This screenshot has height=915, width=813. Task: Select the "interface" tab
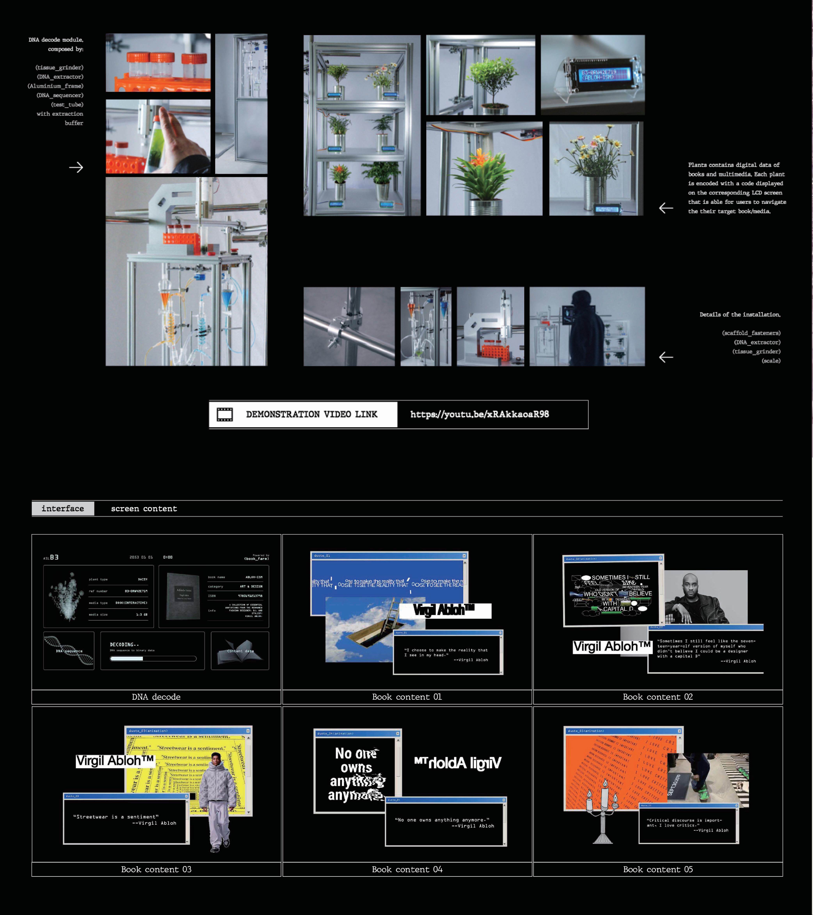[x=63, y=509]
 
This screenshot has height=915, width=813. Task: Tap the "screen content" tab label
[x=144, y=509]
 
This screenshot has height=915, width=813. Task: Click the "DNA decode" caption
[x=156, y=697]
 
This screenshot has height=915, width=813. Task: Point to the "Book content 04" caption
[x=407, y=869]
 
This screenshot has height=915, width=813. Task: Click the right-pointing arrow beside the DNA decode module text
[x=76, y=168]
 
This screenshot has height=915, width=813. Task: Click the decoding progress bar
[x=153, y=659]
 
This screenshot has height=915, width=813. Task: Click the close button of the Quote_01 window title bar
[x=464, y=556]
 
